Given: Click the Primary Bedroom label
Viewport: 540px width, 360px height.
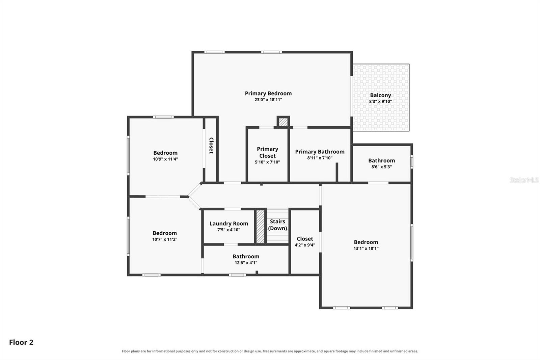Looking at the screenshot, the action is pos(268,94).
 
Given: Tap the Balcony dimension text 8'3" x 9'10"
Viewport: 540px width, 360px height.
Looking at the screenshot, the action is pos(380,102).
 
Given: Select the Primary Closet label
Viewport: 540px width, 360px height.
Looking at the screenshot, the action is pos(267,152).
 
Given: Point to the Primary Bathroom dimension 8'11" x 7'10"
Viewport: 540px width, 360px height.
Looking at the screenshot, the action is pos(320,158).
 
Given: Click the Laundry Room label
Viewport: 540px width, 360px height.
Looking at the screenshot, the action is pos(228,224).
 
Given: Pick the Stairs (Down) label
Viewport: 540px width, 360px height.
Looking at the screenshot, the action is pos(277,225).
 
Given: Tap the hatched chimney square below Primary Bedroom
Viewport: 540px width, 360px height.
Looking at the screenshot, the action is pos(283,122).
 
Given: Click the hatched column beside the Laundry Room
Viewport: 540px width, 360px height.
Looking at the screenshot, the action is pos(260,227).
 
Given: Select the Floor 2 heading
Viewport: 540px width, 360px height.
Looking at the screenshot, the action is pos(21,342).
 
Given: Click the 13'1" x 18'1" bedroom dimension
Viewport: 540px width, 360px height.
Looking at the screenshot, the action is pos(366,249).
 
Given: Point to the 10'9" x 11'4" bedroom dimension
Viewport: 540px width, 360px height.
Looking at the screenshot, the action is pos(165,159).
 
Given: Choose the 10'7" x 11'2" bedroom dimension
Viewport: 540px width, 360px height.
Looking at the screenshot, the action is pos(165,239).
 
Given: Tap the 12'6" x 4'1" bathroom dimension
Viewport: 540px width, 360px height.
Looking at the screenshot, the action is pos(246,263).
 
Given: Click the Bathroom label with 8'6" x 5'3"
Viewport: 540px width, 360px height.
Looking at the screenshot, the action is pos(381,161).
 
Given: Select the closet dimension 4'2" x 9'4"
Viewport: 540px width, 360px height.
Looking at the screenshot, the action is pos(305,245).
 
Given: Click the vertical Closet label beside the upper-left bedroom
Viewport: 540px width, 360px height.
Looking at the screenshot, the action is pos(211,146).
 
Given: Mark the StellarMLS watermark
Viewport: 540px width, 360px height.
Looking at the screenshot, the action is pos(524,180).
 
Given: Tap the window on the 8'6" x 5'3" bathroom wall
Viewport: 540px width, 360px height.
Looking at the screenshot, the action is pos(412,162).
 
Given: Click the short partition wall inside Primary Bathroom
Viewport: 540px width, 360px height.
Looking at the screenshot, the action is pos(337,172).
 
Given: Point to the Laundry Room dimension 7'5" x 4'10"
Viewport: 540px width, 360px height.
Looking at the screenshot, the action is pos(228,230).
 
